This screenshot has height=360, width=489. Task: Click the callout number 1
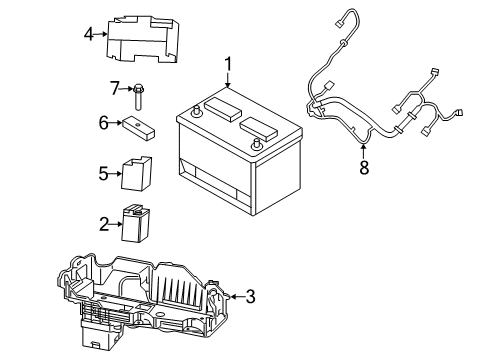228,65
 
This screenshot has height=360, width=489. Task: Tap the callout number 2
102,225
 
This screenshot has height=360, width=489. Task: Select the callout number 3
250,295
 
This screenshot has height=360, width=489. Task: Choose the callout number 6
102,123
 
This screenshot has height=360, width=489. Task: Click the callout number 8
364,168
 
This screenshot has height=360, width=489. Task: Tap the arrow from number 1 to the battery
228,85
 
